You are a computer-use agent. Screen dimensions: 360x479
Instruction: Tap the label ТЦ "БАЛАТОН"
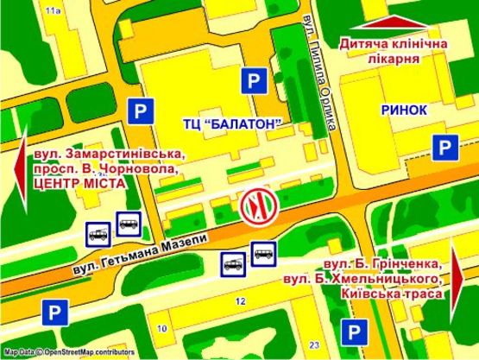pyautogui.click(x=233, y=123)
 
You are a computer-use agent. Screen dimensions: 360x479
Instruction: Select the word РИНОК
pyautogui.click(x=403, y=110)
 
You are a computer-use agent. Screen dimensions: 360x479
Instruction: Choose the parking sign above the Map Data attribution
pyautogui.click(x=54, y=312)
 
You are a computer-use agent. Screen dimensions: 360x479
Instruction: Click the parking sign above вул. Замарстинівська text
pyautogui.click(x=141, y=111)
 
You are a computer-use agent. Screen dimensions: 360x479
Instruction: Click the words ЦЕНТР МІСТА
pyautogui.click(x=79, y=184)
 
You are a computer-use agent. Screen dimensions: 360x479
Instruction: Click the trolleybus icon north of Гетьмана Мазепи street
pyautogui.click(x=98, y=231)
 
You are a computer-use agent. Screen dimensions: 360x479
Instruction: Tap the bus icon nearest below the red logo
pyautogui.click(x=263, y=252)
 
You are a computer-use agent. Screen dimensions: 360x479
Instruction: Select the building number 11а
pyautogui.click(x=53, y=9)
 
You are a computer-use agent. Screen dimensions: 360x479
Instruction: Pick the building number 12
pyautogui.click(x=241, y=300)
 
